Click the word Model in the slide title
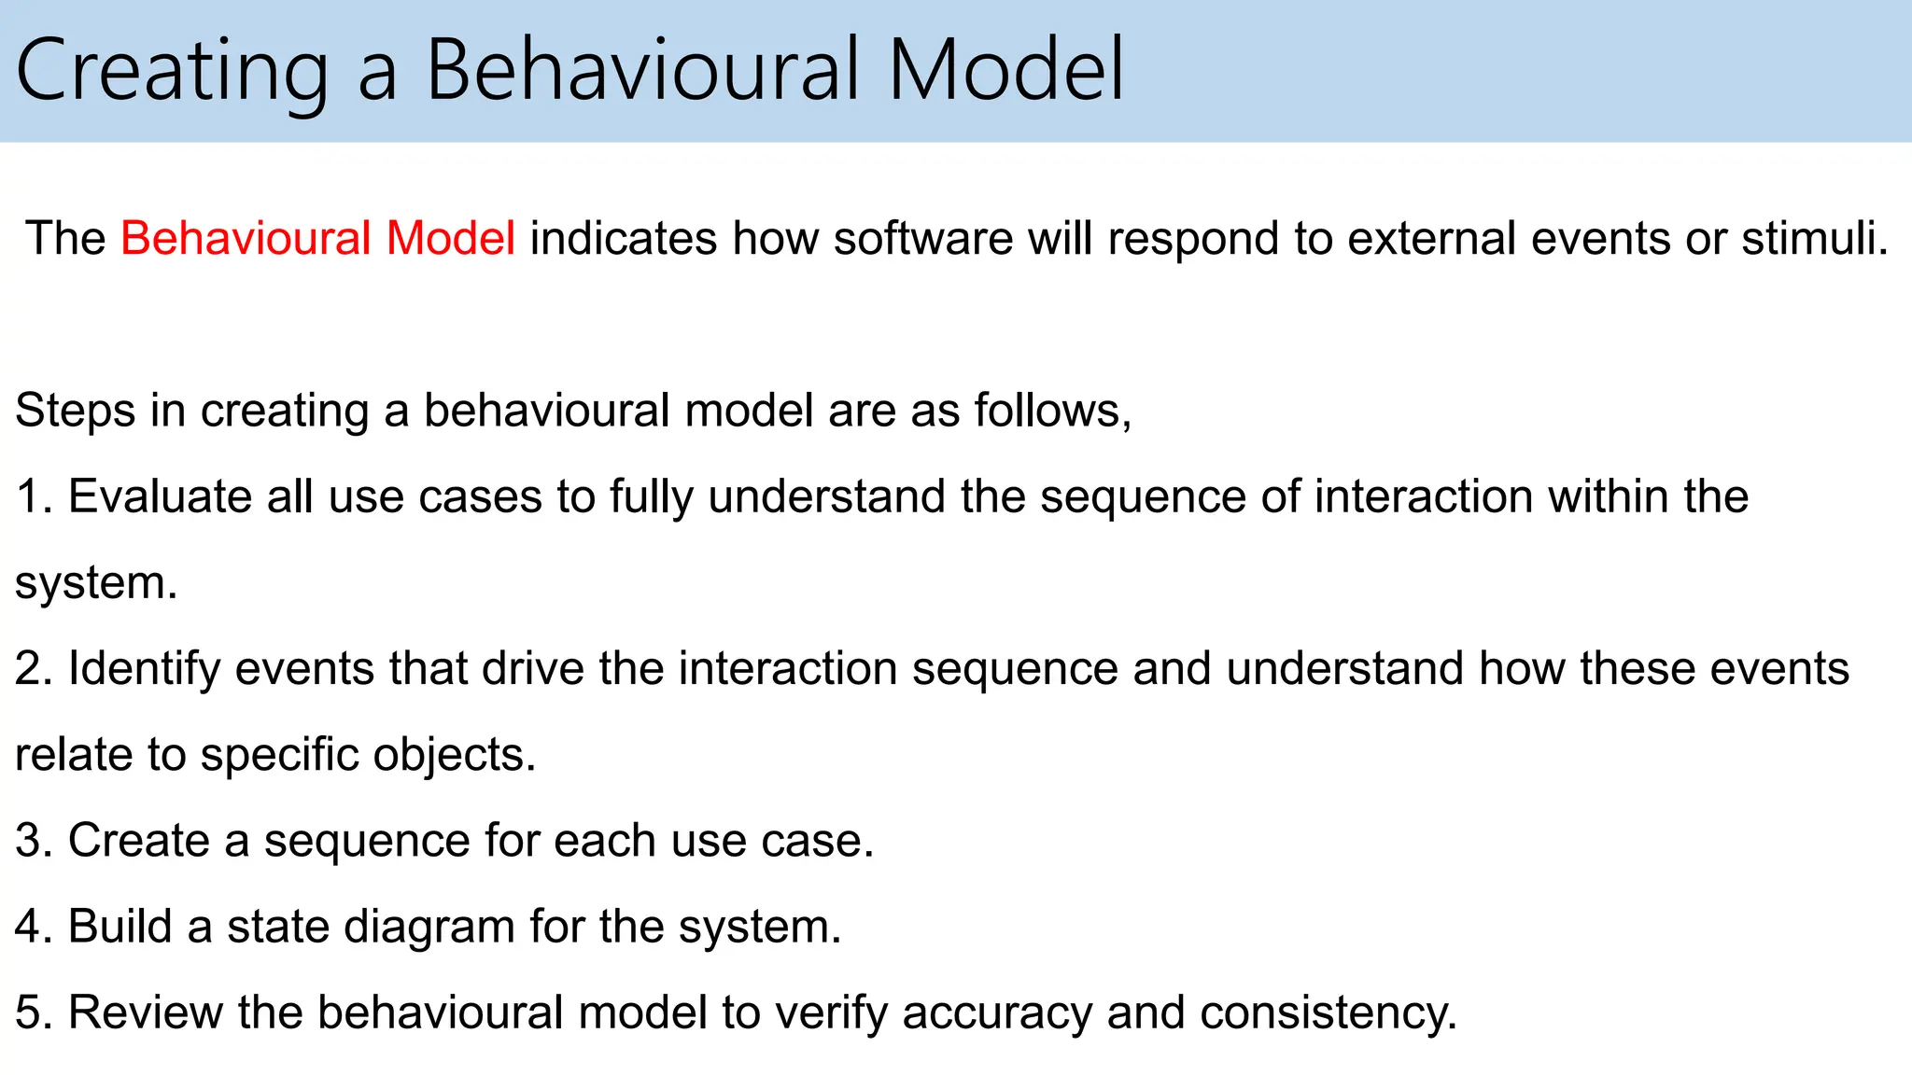click(x=1005, y=71)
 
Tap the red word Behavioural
click(x=246, y=238)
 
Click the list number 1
click(x=30, y=496)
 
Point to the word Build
click(x=119, y=927)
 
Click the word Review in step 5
click(x=145, y=1012)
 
